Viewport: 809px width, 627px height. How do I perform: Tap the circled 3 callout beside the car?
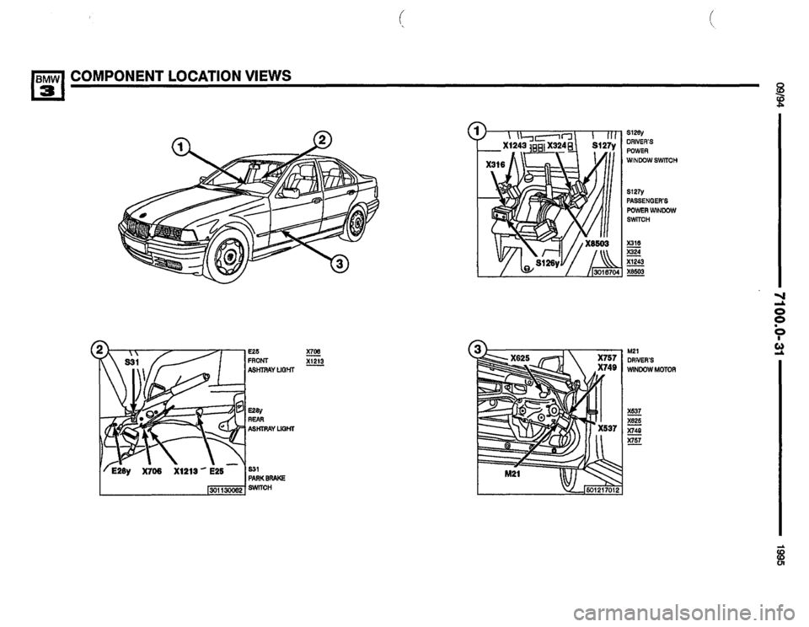(339, 266)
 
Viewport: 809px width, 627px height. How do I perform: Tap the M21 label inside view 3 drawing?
(503, 473)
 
